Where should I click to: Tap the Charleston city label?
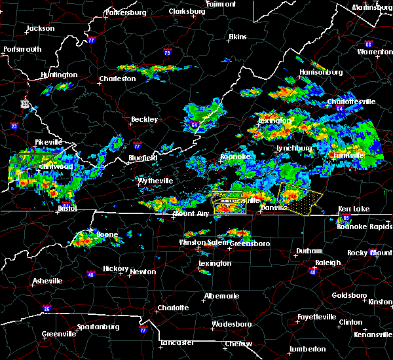[117, 79]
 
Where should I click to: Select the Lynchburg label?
[291, 149]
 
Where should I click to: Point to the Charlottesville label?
[351, 102]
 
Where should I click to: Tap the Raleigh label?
[328, 262]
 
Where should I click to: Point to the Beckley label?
[145, 120]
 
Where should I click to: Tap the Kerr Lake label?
[354, 209]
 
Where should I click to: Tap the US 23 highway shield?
[25, 103]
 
